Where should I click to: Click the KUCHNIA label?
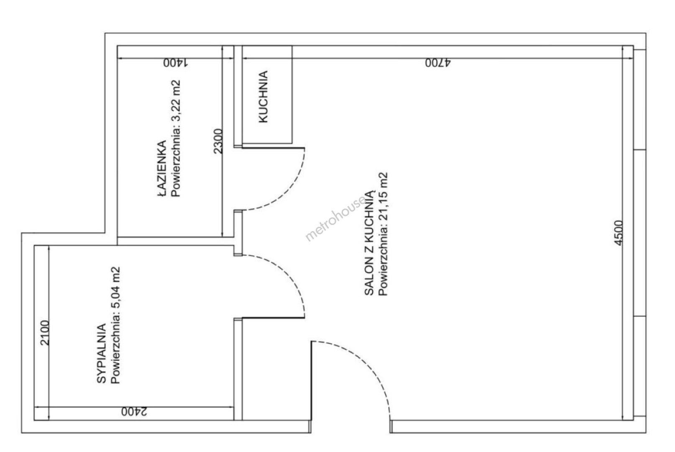pos(263,97)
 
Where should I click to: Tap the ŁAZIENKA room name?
pos(162,168)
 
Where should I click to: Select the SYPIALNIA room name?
pos(102,353)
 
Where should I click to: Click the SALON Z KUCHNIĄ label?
pos(369,243)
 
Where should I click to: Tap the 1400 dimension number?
pos(176,63)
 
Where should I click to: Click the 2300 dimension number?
pos(218,141)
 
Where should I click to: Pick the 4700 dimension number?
pos(438,63)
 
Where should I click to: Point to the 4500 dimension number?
pos(618,233)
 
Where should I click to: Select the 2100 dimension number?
pos(45,333)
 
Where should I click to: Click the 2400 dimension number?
pos(134,411)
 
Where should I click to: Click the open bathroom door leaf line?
pos(274,148)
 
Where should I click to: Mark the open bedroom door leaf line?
pos(274,318)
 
